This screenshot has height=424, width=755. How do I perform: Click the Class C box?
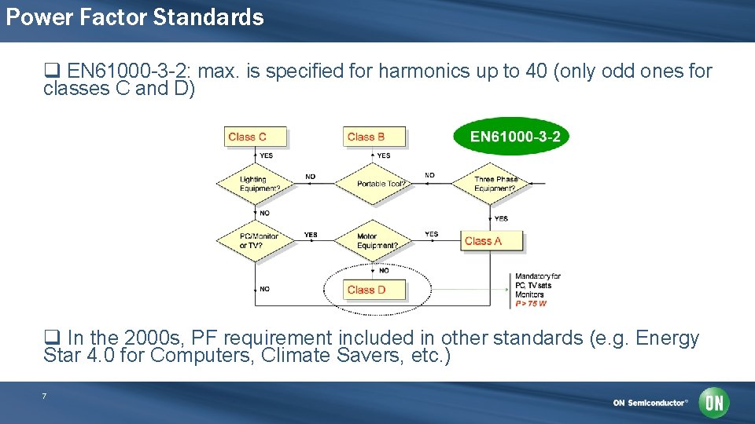(255, 137)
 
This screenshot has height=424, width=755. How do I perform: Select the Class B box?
(374, 137)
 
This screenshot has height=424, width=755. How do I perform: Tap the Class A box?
(492, 241)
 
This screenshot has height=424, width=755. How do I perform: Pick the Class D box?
(375, 290)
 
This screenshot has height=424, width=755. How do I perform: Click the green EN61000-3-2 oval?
(511, 137)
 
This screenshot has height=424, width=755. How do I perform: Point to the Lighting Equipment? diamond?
(255, 185)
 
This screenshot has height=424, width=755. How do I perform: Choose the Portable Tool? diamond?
(374, 184)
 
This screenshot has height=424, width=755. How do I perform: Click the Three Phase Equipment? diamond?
(495, 185)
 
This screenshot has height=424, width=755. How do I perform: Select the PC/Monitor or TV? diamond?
(255, 241)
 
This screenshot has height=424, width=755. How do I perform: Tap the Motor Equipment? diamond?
(373, 241)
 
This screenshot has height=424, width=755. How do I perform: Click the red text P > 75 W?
(531, 304)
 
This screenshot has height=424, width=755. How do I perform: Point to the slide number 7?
(44, 397)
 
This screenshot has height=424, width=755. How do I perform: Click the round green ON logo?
(713, 403)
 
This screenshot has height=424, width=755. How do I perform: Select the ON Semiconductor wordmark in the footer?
(650, 403)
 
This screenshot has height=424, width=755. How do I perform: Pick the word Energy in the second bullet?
(667, 338)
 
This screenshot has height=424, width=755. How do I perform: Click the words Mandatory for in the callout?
(538, 276)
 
